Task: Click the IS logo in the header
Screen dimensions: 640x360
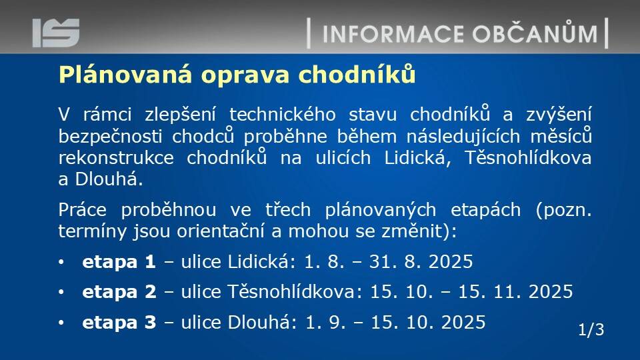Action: tap(56, 33)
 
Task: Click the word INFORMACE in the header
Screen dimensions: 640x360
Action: tap(393, 34)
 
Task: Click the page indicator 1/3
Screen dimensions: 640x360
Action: tap(591, 329)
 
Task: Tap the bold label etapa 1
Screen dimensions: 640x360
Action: tap(119, 262)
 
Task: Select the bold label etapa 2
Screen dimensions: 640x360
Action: tap(119, 292)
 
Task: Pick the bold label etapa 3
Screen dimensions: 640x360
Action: tap(119, 323)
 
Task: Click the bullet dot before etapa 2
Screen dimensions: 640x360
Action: tap(61, 292)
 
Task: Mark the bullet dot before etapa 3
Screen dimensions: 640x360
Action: tap(61, 323)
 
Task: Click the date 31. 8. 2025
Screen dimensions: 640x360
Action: tap(421, 261)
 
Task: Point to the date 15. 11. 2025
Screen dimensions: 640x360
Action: tap(515, 292)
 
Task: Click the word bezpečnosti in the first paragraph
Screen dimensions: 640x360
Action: tap(111, 137)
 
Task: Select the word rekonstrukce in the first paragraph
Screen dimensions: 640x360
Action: tap(116, 158)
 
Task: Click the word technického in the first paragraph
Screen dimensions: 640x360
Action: tap(283, 115)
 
